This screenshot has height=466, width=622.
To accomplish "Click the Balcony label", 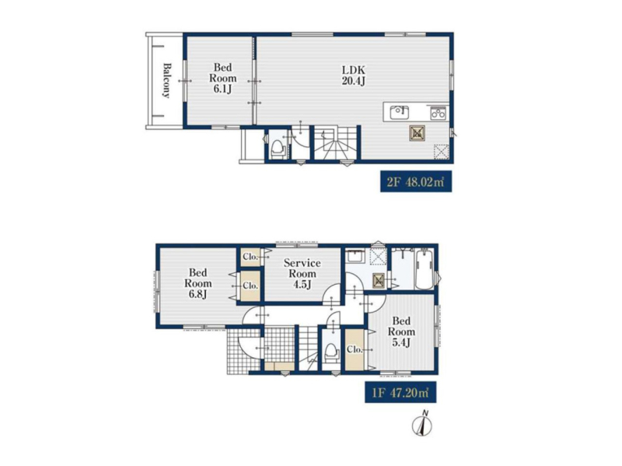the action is (x=166, y=81).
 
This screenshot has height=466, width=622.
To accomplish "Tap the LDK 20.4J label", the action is (x=354, y=75).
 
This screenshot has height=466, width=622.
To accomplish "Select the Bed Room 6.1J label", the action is (x=222, y=79).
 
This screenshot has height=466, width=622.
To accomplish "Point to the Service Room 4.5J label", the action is (x=302, y=274).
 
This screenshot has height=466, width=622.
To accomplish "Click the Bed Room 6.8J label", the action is (x=198, y=283).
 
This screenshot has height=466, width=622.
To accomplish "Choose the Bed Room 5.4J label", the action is (x=401, y=331).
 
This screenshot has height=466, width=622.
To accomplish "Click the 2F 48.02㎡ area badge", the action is (x=416, y=182).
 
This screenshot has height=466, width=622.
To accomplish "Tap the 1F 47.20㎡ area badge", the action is (x=400, y=393).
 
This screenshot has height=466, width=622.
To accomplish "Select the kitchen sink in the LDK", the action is (x=400, y=112).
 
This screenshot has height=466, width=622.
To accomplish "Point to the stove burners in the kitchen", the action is (x=439, y=114).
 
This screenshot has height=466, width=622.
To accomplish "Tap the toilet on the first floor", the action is (x=331, y=352).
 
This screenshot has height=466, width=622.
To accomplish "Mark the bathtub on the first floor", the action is (x=424, y=269).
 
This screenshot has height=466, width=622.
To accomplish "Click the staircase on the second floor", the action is (x=337, y=143).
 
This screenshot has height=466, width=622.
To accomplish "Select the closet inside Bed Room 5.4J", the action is (x=355, y=350).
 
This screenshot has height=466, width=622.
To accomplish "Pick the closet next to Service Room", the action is (x=250, y=257).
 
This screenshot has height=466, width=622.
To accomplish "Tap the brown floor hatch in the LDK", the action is (x=417, y=134).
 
